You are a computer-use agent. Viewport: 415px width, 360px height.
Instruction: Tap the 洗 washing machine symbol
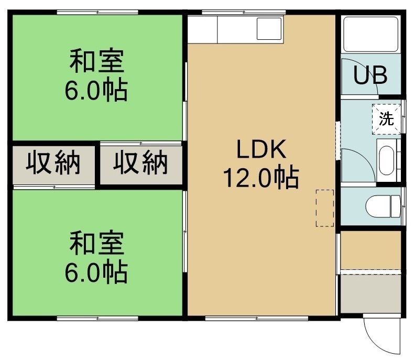(386, 119)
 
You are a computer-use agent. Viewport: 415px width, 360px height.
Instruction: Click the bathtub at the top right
(370, 34)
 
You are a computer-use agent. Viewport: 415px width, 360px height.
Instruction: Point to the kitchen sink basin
(269, 29)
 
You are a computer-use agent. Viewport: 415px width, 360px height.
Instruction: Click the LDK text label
(261, 149)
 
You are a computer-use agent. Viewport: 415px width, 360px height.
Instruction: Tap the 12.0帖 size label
(261, 177)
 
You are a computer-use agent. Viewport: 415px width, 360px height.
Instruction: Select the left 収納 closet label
(53, 162)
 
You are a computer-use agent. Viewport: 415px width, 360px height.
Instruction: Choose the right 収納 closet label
(140, 162)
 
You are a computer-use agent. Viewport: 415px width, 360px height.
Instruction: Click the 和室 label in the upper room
(96, 61)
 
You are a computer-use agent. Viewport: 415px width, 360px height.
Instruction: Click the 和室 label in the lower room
(96, 243)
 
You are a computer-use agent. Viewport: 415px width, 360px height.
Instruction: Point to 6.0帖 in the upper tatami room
(96, 90)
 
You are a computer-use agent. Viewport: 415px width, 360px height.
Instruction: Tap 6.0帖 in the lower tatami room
(96, 272)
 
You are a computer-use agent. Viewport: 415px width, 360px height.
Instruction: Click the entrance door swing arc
(370, 342)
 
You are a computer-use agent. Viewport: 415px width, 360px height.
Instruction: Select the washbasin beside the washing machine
(387, 160)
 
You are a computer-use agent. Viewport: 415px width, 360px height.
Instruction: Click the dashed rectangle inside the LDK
(325, 208)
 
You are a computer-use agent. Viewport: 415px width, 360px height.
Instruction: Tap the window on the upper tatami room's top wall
(97, 12)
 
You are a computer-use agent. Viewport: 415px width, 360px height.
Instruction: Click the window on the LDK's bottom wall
(257, 318)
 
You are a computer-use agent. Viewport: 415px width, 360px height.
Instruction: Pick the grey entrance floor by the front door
(370, 294)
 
